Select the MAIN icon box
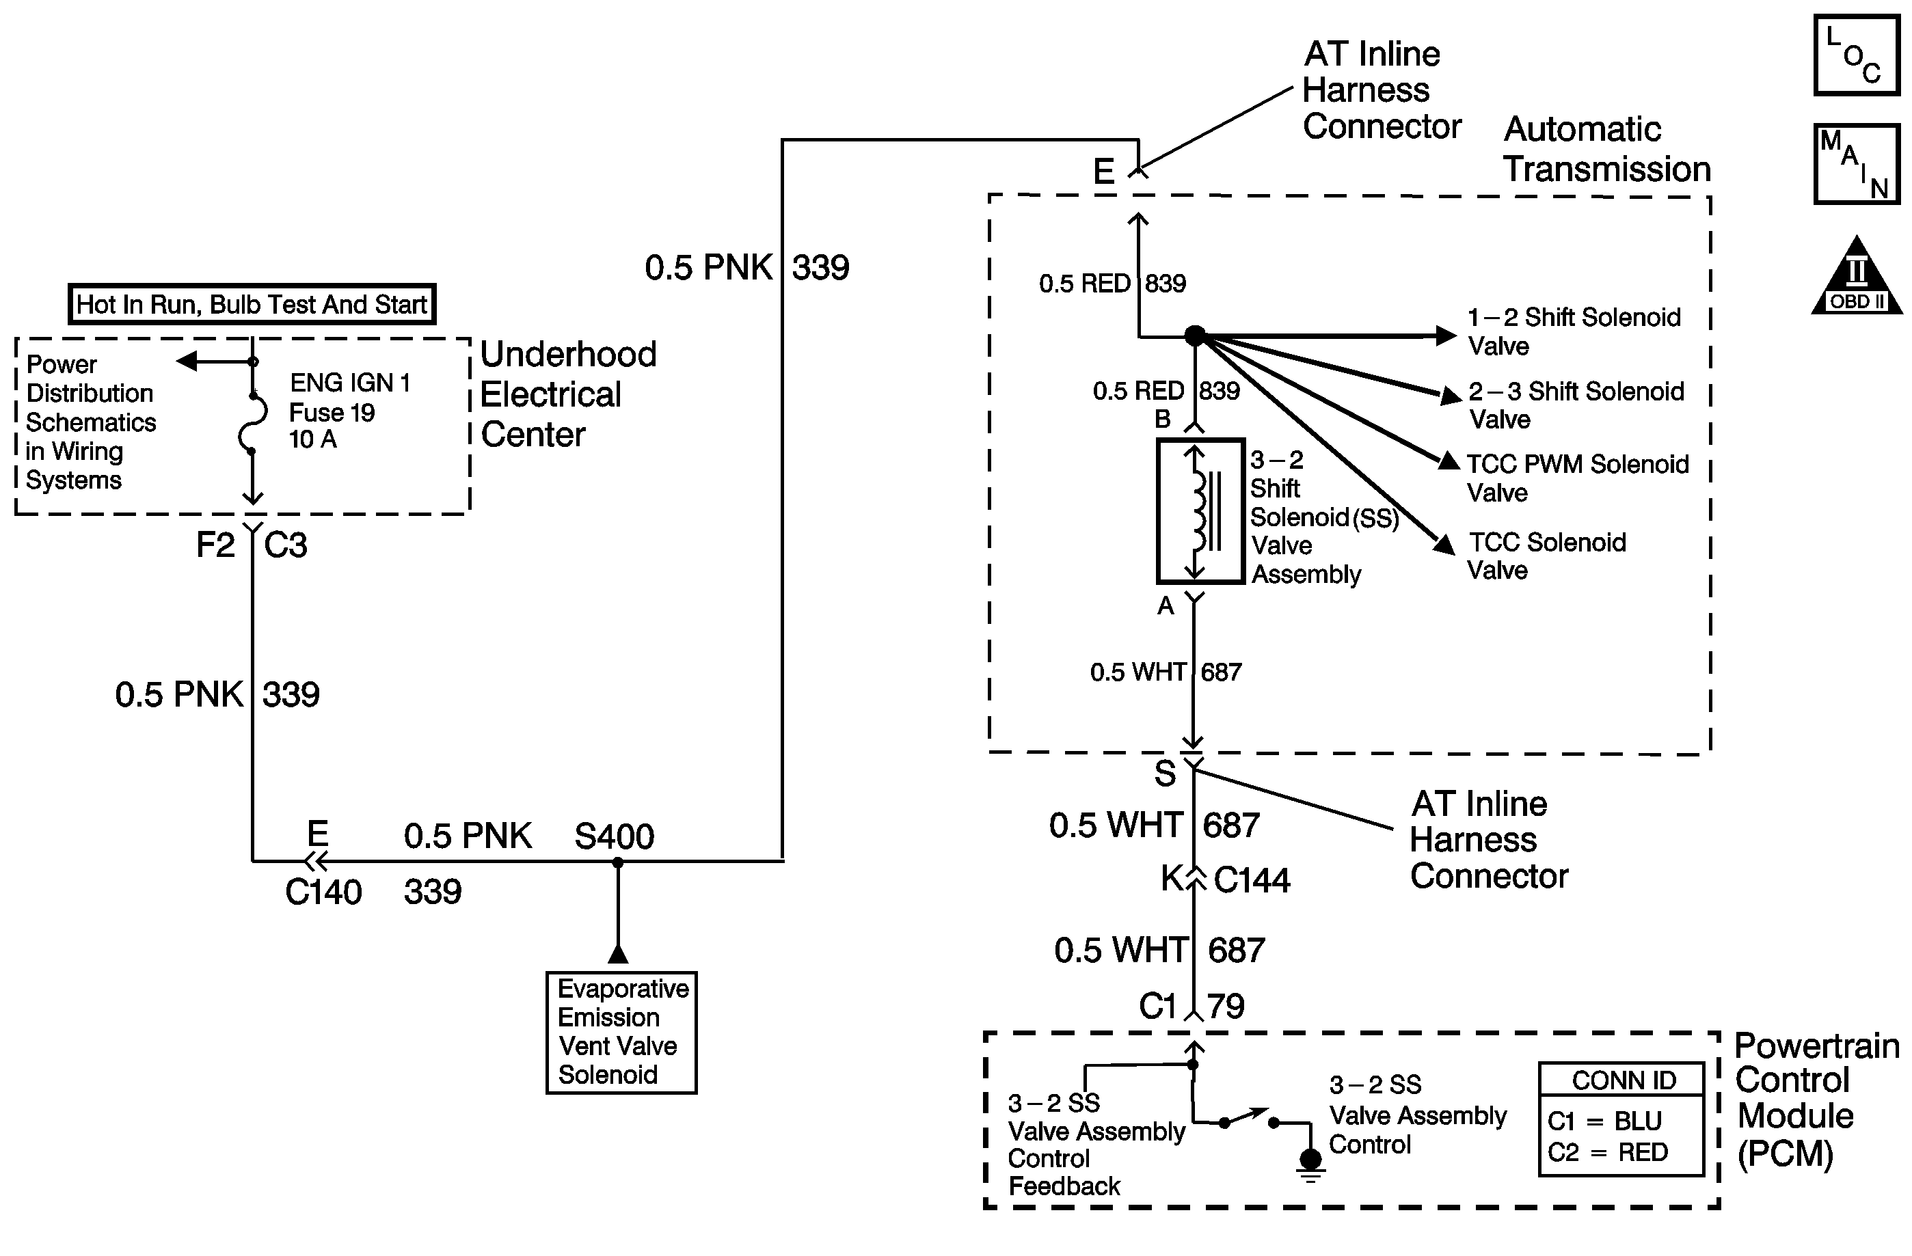click(x=1856, y=164)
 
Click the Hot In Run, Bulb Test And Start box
click(x=252, y=304)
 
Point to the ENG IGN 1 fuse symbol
click(x=253, y=423)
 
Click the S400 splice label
click(x=615, y=837)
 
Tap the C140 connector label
click(x=324, y=892)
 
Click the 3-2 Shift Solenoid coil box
click(x=1200, y=510)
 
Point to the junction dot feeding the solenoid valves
click(x=1196, y=336)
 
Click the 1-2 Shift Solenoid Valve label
click(x=1574, y=331)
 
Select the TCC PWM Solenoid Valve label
click(x=1578, y=478)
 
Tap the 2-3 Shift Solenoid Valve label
click(x=1576, y=405)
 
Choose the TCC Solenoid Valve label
click(x=1546, y=556)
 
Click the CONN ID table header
click(x=1624, y=1081)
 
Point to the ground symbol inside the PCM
click(x=1310, y=1165)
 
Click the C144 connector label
click(x=1252, y=880)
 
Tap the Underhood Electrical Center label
click(x=568, y=394)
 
